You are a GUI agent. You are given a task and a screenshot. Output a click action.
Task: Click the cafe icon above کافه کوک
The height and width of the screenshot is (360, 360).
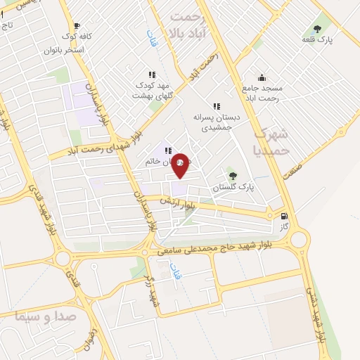77,26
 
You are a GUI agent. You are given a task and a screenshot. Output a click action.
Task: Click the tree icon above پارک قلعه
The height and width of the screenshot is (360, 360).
318,30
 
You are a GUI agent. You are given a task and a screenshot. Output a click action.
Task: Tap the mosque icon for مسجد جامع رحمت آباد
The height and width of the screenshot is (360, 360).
262,77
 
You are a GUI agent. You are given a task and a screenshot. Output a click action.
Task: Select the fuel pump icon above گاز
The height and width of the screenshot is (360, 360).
283,217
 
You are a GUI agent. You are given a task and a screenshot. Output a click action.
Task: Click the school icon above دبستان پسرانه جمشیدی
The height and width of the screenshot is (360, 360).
217,106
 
